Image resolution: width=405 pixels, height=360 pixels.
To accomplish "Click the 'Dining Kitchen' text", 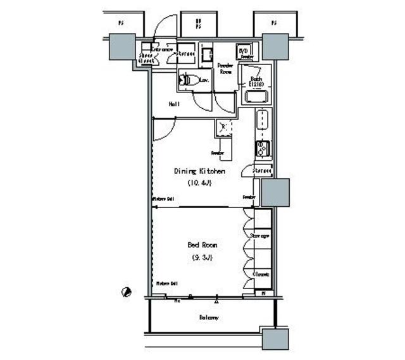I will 199,171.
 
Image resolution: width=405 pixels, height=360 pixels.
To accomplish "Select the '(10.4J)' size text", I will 199,183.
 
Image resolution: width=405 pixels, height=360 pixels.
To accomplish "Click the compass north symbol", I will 127,292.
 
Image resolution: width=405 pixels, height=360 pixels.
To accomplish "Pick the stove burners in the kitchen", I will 263,149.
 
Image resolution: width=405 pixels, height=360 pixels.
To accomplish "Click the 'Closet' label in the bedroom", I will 262,274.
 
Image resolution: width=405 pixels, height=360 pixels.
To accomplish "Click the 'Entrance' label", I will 163,48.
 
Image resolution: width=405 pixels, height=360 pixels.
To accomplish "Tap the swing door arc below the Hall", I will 161,130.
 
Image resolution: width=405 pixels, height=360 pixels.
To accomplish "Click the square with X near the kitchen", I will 222,127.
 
